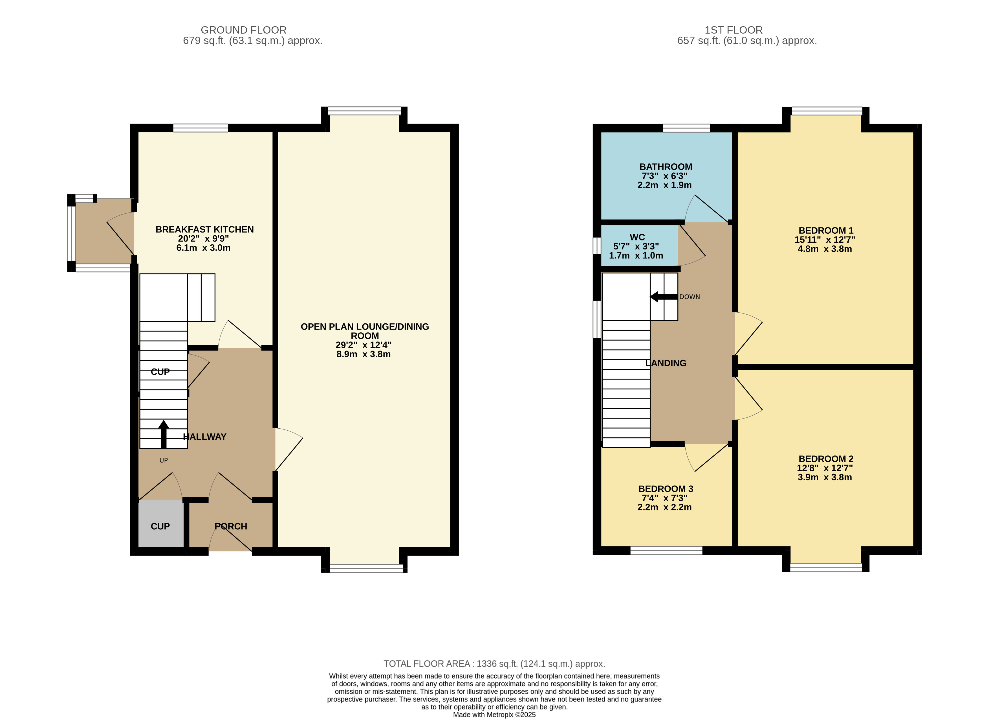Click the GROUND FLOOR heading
click(243, 30)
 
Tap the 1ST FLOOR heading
click(734, 30)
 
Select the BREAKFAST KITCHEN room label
click(204, 229)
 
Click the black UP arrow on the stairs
click(164, 434)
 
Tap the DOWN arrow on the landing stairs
click(664, 297)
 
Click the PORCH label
click(231, 527)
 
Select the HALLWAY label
click(204, 437)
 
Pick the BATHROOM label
click(666, 167)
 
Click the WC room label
click(637, 237)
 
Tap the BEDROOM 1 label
click(826, 230)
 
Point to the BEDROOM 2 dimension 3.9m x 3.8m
click(825, 477)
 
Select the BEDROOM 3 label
click(666, 489)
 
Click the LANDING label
click(666, 363)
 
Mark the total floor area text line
click(495, 664)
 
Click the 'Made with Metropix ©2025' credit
click(495, 715)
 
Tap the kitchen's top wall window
click(201, 128)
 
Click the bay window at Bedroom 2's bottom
click(826, 567)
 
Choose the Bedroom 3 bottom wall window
click(666, 551)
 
